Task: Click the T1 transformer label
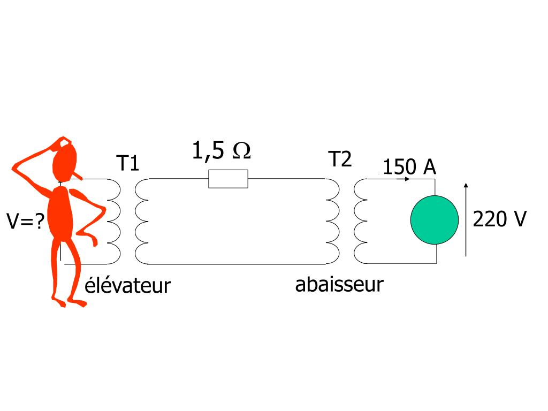(x=128, y=163)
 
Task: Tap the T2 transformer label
(x=340, y=159)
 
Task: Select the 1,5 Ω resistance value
(x=221, y=151)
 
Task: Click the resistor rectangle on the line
(x=228, y=179)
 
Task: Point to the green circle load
(x=435, y=220)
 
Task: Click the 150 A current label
(x=409, y=167)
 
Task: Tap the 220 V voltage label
(x=500, y=219)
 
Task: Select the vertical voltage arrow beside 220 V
(x=466, y=220)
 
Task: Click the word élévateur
(x=127, y=285)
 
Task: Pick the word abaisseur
(x=339, y=284)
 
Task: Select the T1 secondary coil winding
(x=141, y=221)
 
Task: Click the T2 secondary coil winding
(x=360, y=221)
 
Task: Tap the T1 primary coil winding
(x=113, y=221)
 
